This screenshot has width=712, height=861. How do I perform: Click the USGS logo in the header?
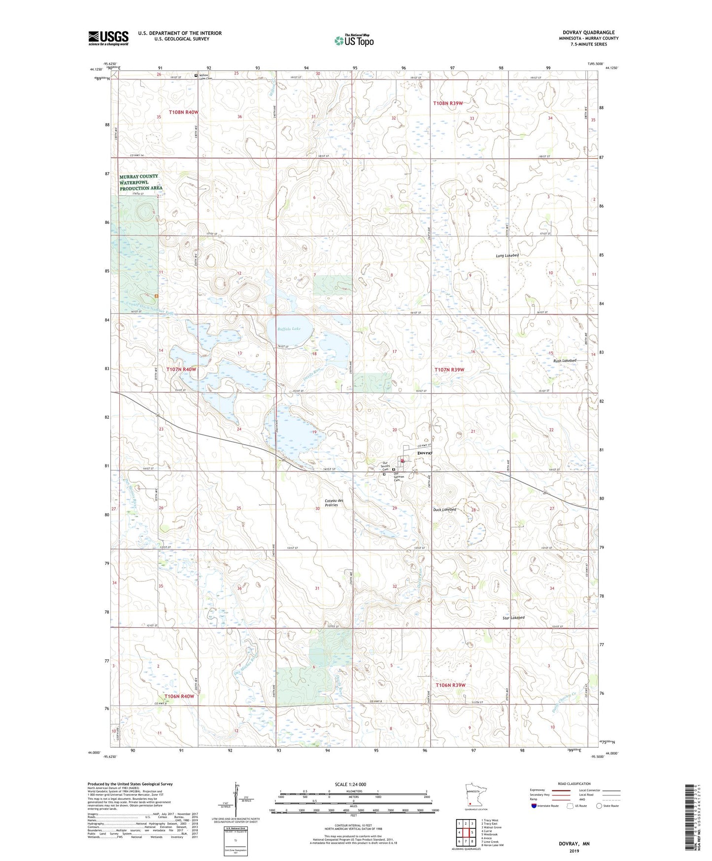pyautogui.click(x=108, y=37)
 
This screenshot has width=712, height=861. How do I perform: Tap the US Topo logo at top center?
pyautogui.click(x=354, y=40)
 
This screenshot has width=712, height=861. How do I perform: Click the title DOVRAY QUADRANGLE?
pyautogui.click(x=588, y=33)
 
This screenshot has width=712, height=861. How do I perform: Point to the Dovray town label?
pyautogui.click(x=425, y=453)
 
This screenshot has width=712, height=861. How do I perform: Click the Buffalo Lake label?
pyautogui.click(x=289, y=329)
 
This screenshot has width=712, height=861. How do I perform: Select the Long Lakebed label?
pyautogui.click(x=507, y=256)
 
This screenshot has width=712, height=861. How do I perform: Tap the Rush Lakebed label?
pyautogui.click(x=564, y=360)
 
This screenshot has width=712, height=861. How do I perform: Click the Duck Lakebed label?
pyautogui.click(x=444, y=509)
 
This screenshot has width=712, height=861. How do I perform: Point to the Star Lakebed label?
pyautogui.click(x=513, y=617)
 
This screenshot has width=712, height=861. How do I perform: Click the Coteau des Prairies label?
pyautogui.click(x=334, y=502)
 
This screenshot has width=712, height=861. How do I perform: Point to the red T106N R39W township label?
pyautogui.click(x=450, y=685)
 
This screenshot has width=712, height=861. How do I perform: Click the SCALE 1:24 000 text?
pyautogui.click(x=350, y=784)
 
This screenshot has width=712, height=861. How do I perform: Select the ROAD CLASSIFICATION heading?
pyautogui.click(x=575, y=784)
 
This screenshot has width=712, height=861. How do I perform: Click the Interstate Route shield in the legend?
pyautogui.click(x=534, y=806)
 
